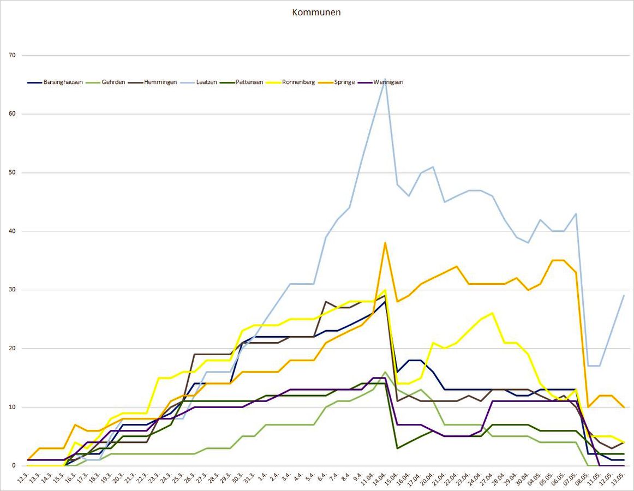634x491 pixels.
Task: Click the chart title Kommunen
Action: (316, 13)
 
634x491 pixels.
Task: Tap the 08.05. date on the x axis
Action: (585, 478)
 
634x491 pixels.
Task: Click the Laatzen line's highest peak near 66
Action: (385, 79)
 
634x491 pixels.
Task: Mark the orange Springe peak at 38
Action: (385, 243)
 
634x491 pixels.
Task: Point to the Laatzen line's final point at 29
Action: (624, 296)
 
